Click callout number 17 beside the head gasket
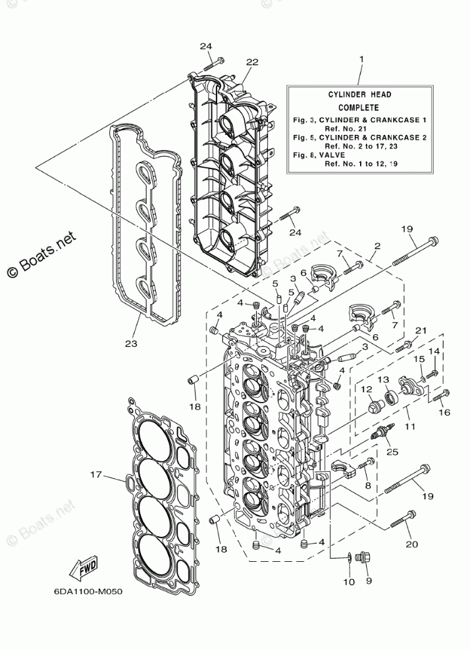[96, 474]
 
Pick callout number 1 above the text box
[361, 60]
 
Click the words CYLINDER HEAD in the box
[360, 95]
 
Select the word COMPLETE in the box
[359, 107]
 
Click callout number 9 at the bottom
[369, 581]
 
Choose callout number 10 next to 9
[348, 582]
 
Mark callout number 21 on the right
[421, 330]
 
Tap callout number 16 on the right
[444, 412]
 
